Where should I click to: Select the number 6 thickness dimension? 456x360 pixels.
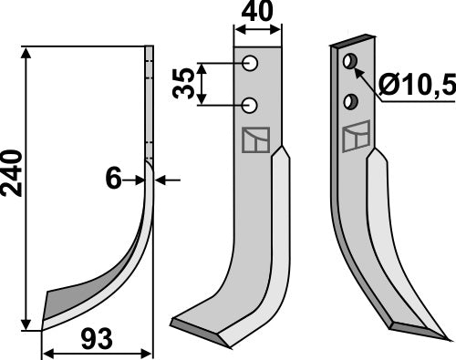coord(113,180)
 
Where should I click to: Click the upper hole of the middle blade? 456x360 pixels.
coord(248,65)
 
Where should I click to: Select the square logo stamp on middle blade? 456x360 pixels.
coord(254,141)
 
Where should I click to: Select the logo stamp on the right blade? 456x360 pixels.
coord(356,137)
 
